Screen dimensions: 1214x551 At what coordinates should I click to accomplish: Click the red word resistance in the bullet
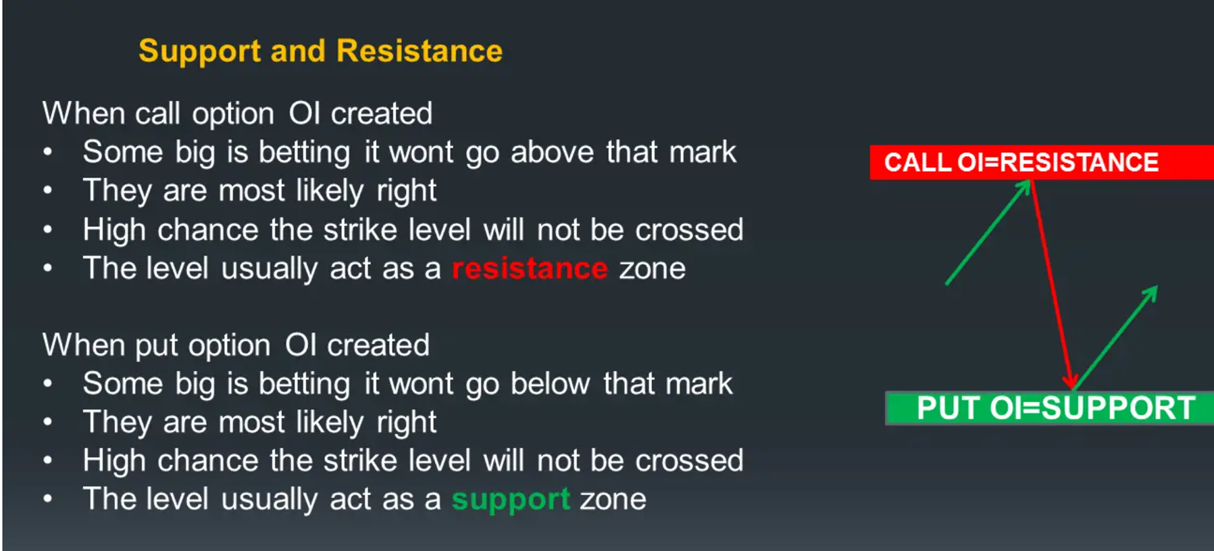tap(530, 268)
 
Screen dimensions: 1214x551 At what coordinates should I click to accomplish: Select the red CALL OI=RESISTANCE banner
tap(1042, 162)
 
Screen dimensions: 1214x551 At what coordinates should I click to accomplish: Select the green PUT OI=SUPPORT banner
tap(1050, 408)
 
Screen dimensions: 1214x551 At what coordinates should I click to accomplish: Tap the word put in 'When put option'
tap(156, 346)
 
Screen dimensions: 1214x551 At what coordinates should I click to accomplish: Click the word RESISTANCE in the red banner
tap(1079, 162)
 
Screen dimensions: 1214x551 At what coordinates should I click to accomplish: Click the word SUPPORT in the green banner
tap(1118, 408)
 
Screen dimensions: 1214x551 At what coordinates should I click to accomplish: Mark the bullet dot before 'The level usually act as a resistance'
tap(47, 268)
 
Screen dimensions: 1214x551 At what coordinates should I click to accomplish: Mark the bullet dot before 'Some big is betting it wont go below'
tap(47, 384)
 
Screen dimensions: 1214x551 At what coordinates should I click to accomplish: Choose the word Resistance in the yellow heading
tap(420, 51)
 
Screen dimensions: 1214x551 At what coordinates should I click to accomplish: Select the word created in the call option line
tap(381, 114)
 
